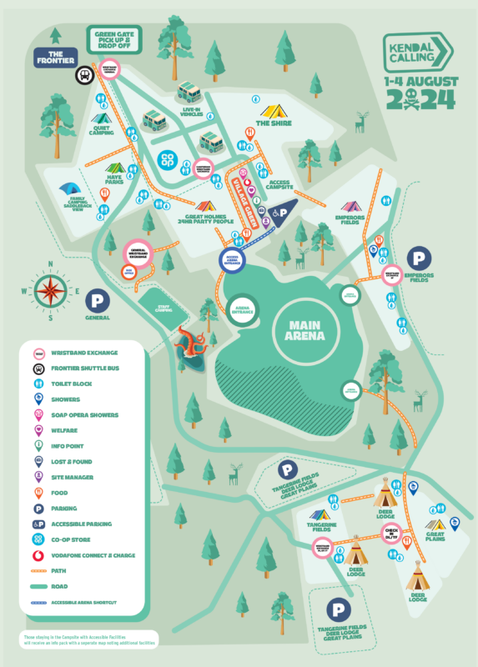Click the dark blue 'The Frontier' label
coord(56,58)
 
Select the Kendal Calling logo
coord(418,53)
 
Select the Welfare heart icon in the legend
coord(38,430)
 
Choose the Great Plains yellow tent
coord(435,525)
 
